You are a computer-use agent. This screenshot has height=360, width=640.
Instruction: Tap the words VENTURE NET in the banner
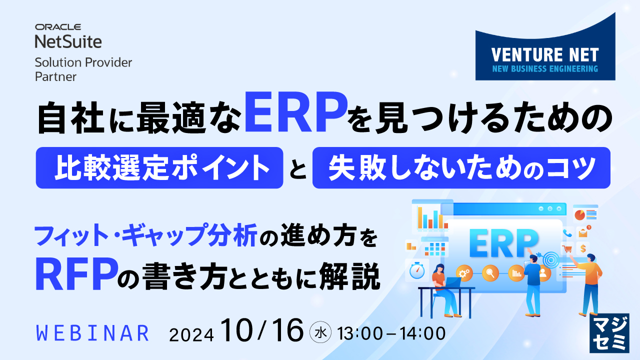pyautogui.click(x=544, y=54)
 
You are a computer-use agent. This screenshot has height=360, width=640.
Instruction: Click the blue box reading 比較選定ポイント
pyautogui.click(x=159, y=167)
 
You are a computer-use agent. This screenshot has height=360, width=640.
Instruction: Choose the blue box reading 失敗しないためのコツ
pyautogui.click(x=461, y=167)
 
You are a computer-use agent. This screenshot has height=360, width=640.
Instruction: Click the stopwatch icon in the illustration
pyautogui.click(x=416, y=270)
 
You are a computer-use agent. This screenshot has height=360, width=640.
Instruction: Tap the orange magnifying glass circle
pyautogui.click(x=490, y=273)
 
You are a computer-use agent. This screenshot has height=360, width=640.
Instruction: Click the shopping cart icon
pyautogui.click(x=567, y=248)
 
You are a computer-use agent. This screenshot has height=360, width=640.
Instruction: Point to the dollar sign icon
pyautogui.click(x=583, y=248)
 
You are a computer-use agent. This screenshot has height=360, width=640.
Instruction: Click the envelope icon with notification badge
pyautogui.click(x=583, y=232)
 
